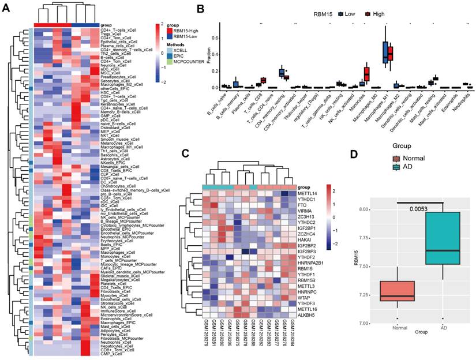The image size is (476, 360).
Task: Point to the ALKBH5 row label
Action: (306, 315)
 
